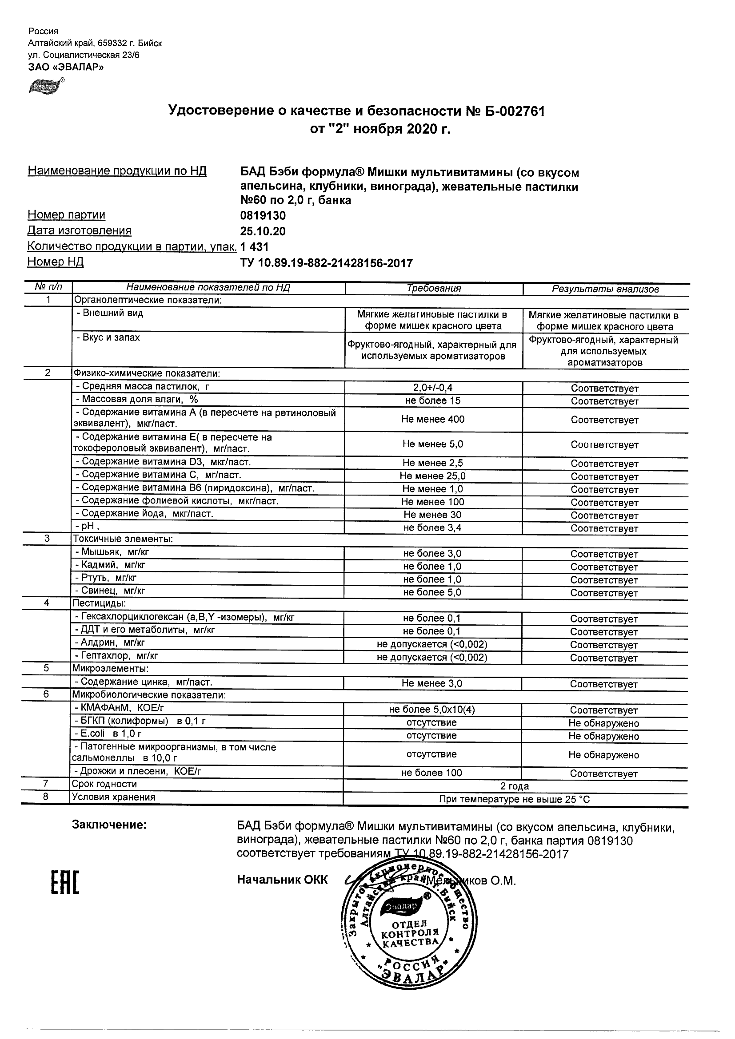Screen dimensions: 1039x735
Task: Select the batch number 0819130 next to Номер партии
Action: click(263, 216)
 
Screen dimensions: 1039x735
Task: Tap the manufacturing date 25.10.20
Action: click(263, 232)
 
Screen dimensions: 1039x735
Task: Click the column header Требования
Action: click(433, 289)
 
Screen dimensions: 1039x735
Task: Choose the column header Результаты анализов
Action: click(605, 289)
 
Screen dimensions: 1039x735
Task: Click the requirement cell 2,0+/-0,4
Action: click(433, 387)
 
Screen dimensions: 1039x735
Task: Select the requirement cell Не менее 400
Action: click(433, 419)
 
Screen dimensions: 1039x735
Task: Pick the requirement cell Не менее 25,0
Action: click(432, 476)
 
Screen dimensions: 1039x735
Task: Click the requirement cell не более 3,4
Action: click(432, 527)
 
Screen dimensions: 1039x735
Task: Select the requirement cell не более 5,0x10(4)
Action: click(432, 710)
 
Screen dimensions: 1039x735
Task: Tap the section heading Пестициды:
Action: click(99, 603)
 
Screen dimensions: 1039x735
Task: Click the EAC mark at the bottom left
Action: click(64, 883)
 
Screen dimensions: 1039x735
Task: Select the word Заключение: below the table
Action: click(109, 825)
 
